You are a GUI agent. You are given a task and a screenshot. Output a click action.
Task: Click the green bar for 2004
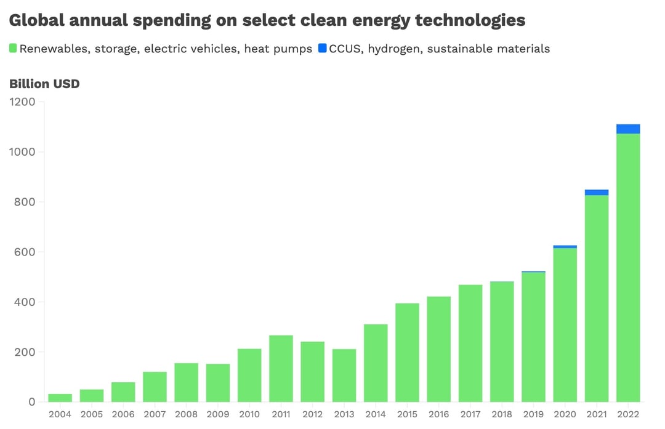coord(60,398)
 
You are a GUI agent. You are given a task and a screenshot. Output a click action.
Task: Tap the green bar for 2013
coord(344,375)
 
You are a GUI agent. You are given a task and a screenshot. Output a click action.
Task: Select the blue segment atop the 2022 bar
coord(628,129)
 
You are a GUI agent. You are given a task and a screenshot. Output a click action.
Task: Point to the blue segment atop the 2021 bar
coord(597,193)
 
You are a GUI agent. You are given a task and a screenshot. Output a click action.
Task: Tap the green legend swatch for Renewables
coord(13,48)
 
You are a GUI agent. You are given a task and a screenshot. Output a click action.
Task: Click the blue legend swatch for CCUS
coord(323,48)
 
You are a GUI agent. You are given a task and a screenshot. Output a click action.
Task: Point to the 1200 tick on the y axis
coord(23,102)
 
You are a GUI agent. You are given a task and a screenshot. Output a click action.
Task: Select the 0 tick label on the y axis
coord(31,402)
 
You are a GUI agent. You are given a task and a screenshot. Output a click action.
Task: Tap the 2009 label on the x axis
coord(217,415)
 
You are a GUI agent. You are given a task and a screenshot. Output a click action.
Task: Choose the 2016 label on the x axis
coord(438,415)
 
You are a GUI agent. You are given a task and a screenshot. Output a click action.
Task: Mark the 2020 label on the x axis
coord(565,415)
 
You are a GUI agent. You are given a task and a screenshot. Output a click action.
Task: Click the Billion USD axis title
coord(44,84)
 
